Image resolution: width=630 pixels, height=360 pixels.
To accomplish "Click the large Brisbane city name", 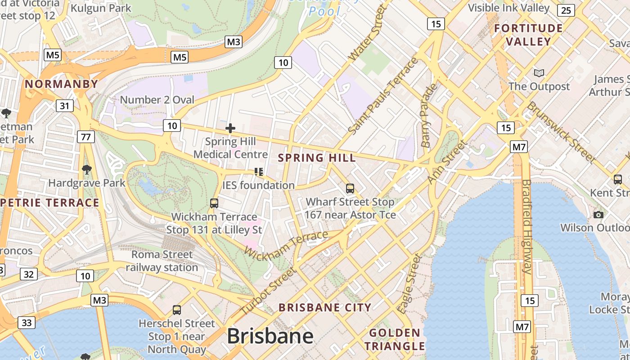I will tap(270, 336).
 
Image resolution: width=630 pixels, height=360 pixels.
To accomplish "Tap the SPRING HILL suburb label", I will tap(317, 158).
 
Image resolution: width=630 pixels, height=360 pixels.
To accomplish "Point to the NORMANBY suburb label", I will tap(61, 84).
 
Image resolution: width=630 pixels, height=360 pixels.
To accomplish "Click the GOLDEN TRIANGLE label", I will tap(394, 339).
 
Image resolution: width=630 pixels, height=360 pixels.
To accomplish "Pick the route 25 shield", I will tap(566, 10).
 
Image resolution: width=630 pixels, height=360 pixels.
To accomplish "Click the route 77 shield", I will tap(85, 136).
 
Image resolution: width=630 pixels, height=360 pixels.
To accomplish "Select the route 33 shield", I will tap(27, 322).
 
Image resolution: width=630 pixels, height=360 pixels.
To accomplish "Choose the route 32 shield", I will tap(28, 274).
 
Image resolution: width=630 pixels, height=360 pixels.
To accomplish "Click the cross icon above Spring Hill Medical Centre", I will tap(230, 128).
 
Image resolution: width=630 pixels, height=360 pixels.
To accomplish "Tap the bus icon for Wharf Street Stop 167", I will tap(350, 189).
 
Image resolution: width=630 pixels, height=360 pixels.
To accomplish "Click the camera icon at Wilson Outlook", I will tap(598, 215).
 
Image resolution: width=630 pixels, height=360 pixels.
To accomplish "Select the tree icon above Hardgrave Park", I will tap(86, 170).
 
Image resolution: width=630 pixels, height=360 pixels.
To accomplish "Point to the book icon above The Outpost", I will tap(539, 73).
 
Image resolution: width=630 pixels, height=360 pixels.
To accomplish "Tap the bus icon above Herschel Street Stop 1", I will tap(177, 310).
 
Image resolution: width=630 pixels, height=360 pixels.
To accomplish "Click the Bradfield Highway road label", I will tap(527, 227).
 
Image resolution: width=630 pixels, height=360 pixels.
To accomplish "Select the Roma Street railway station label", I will tap(162, 261).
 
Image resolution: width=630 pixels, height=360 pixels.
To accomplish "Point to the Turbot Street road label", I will tap(268, 291).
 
